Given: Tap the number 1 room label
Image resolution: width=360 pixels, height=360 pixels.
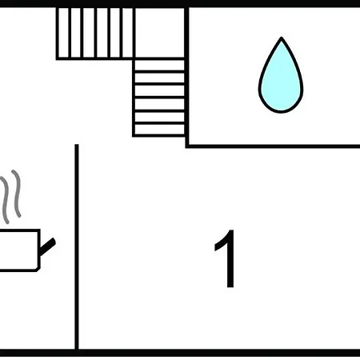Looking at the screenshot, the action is tap(226, 258).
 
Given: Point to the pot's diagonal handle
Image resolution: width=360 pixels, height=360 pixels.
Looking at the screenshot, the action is tap(47, 246).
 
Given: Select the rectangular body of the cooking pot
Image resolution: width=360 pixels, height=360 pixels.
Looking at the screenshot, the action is tap(18, 250).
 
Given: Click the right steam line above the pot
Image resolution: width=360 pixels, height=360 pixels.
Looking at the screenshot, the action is tap(17, 194).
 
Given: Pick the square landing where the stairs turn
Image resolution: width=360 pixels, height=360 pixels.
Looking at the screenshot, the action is tap(159, 33).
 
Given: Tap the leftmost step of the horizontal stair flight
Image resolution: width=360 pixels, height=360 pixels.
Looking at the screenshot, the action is tap(63, 33).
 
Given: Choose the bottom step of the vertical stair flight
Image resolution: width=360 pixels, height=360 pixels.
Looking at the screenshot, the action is tap(159, 130).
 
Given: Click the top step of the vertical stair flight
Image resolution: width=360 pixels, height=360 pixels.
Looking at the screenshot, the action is tap(159, 65).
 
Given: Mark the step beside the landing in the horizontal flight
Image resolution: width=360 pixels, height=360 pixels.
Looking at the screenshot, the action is tap(127, 33).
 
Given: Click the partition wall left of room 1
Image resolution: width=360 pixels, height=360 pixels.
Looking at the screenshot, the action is tap(77, 246).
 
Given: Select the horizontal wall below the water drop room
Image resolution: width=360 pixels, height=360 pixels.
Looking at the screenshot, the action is tap(273, 146).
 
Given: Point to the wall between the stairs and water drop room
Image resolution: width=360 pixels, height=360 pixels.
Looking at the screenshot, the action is tap(187, 78).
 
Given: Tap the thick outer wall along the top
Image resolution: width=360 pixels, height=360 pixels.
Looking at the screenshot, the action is tap(180, 3).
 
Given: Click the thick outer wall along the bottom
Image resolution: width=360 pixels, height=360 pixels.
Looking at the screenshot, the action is tap(180, 353).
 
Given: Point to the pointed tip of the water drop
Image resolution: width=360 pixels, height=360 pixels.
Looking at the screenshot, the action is tap(282, 38).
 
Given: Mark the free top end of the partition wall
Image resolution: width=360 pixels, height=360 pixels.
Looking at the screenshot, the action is tap(77, 145).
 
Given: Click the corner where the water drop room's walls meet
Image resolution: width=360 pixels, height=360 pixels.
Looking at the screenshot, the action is tap(187, 146).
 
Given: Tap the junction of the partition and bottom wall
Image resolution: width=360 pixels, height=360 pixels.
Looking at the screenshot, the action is tap(77, 350).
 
